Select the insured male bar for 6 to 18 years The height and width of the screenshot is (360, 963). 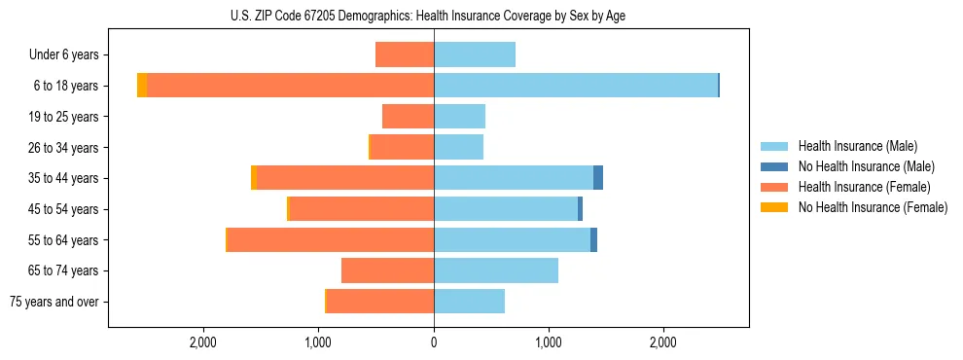pyautogui.click(x=576, y=86)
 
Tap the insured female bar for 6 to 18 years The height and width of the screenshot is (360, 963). pyautogui.click(x=290, y=86)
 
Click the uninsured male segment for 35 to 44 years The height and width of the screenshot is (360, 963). pyautogui.click(x=598, y=178)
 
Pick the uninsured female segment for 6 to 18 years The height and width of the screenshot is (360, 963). pyautogui.click(x=142, y=86)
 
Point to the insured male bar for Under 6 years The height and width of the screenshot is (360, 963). pyautogui.click(x=475, y=55)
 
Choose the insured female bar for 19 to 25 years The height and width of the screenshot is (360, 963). pyautogui.click(x=408, y=117)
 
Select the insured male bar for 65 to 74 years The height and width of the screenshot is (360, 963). pyautogui.click(x=496, y=270)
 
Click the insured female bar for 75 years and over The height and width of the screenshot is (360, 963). pyautogui.click(x=380, y=302)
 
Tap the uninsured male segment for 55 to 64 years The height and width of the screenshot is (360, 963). pyautogui.click(x=593, y=240)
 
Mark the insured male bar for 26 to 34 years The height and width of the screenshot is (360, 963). pyautogui.click(x=458, y=148)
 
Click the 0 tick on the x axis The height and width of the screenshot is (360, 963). pyautogui.click(x=434, y=342)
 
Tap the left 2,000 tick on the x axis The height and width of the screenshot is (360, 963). pyautogui.click(x=203, y=342)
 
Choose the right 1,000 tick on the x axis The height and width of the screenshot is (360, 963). pyautogui.click(x=549, y=342)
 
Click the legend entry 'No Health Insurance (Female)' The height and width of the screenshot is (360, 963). pyautogui.click(x=873, y=207)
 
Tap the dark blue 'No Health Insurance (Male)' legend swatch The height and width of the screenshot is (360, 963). pyautogui.click(x=774, y=166)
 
